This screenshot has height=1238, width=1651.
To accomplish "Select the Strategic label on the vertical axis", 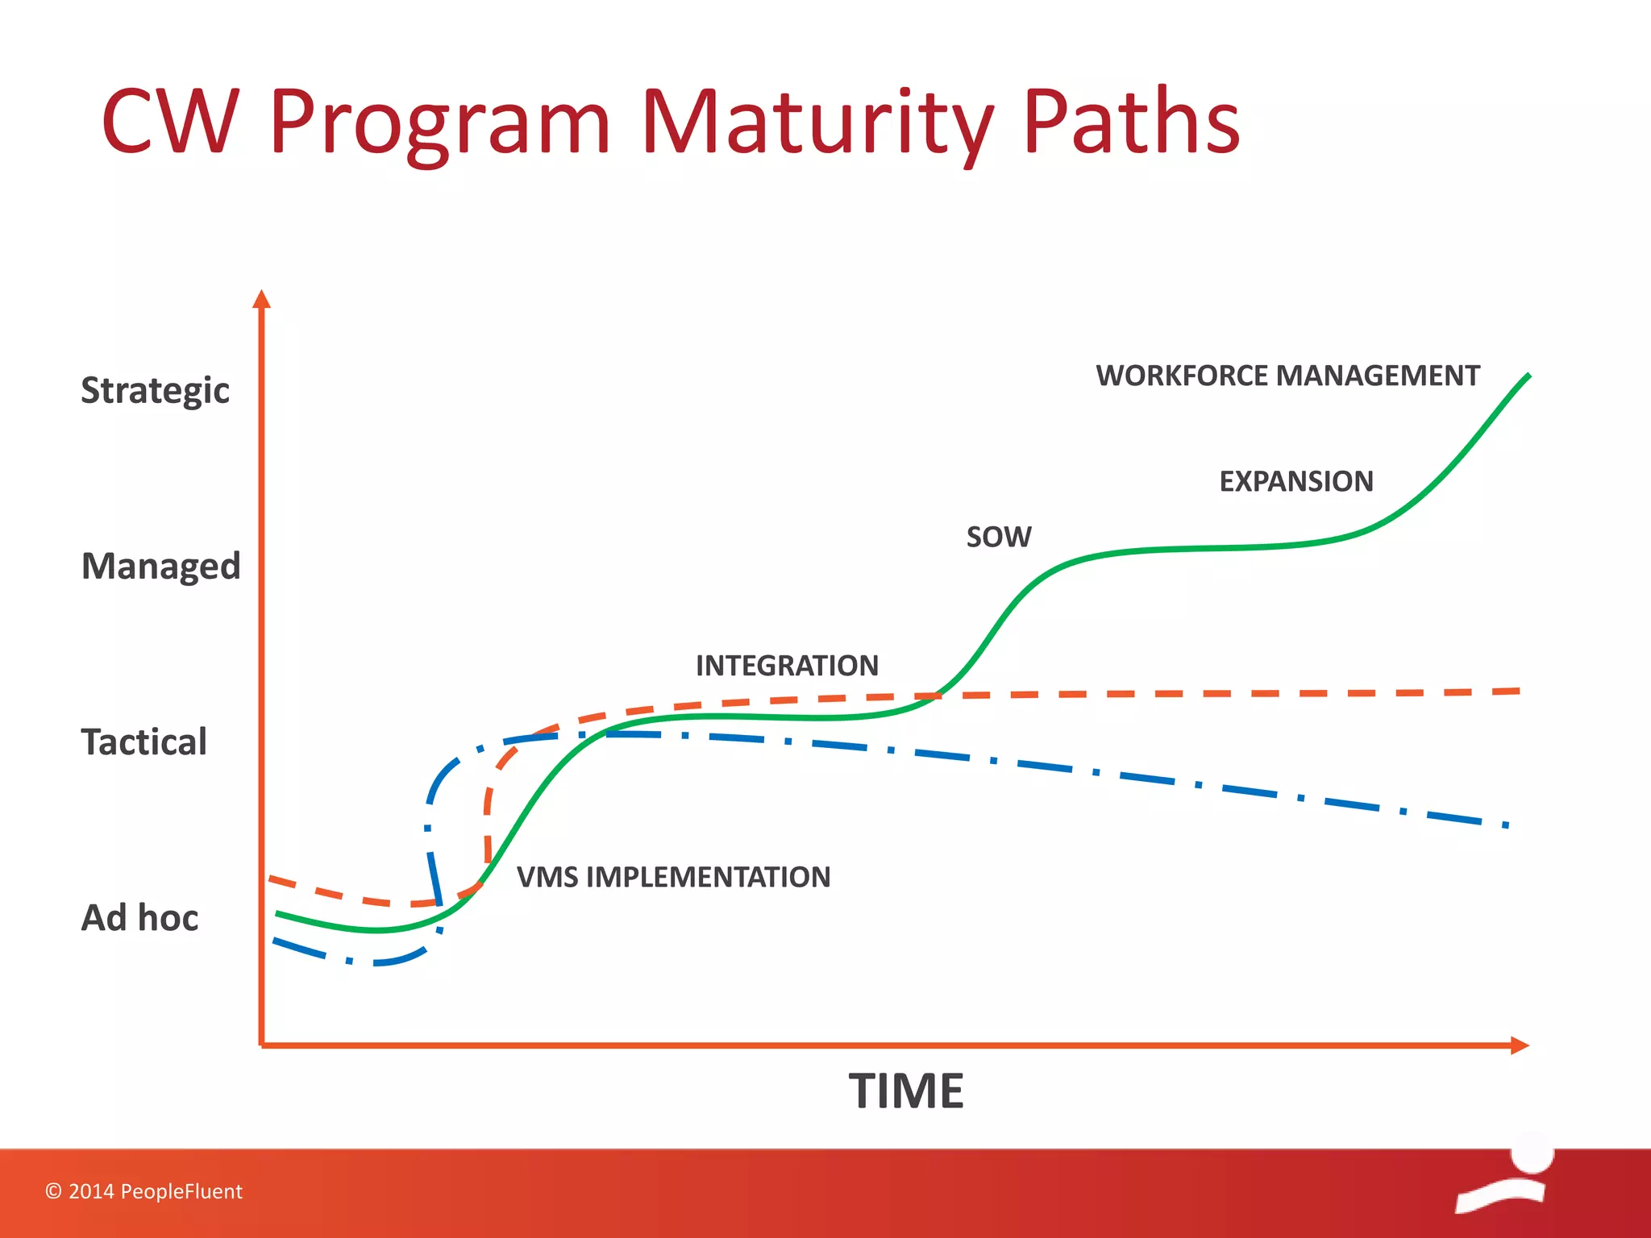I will (x=155, y=390).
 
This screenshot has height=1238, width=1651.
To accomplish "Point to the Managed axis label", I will (x=160, y=566).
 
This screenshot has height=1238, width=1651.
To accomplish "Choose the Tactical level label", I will (x=143, y=742).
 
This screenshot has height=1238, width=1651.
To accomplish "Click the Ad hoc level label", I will (x=139, y=917).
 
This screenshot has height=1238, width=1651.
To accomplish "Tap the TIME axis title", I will (x=905, y=1091).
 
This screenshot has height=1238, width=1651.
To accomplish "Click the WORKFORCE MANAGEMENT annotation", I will (x=1287, y=376).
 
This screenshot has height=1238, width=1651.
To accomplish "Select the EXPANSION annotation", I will (x=1295, y=481).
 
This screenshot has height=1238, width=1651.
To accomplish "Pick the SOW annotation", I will (x=998, y=537).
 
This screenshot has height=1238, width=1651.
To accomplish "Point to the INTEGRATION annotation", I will (x=787, y=666).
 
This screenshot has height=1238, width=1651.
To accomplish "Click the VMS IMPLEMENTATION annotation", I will (x=673, y=877).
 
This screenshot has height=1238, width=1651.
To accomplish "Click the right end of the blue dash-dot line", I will (x=1505, y=825).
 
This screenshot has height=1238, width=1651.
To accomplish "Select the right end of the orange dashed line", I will (x=1517, y=692).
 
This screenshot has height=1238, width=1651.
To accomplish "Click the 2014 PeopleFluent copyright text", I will (x=143, y=1191).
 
